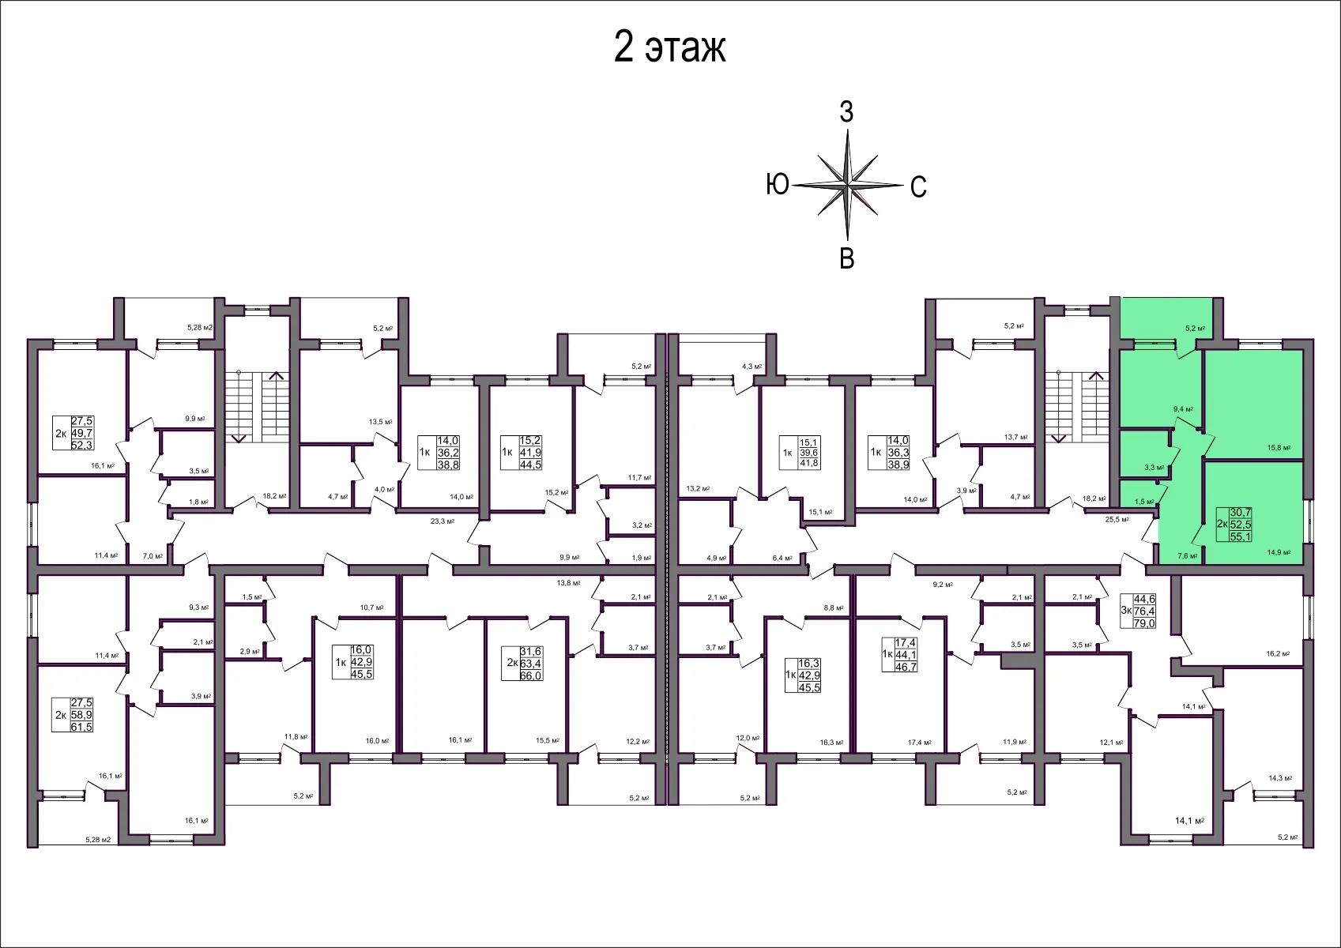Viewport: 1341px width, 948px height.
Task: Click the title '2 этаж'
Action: tap(669, 47)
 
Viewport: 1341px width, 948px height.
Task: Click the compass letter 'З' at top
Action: tap(846, 112)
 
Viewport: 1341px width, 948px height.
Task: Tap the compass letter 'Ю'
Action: tap(778, 184)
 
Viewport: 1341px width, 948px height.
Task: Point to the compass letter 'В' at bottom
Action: tap(846, 258)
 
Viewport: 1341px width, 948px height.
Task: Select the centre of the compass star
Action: tap(847, 186)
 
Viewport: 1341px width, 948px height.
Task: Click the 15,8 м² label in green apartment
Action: tap(1279, 448)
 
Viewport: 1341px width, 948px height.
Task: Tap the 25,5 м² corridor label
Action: tap(1117, 520)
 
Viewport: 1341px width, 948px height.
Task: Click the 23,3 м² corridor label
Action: tap(442, 521)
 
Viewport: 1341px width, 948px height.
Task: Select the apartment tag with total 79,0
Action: tap(1138, 611)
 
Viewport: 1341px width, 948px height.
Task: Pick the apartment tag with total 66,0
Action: tap(525, 664)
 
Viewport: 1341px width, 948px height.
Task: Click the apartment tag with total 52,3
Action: tap(73, 434)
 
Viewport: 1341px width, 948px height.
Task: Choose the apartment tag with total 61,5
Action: tap(73, 715)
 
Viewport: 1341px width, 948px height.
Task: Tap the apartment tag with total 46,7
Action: tap(899, 655)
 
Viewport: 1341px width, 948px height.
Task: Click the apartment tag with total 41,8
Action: tap(800, 453)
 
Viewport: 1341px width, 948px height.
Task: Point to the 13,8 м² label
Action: tap(568, 583)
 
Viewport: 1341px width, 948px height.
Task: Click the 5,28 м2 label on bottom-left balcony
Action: tap(98, 840)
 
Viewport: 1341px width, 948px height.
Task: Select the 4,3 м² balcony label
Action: tap(751, 367)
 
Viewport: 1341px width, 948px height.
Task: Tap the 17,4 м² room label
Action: tap(919, 743)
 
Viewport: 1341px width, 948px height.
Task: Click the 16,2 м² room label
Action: tap(1277, 654)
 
